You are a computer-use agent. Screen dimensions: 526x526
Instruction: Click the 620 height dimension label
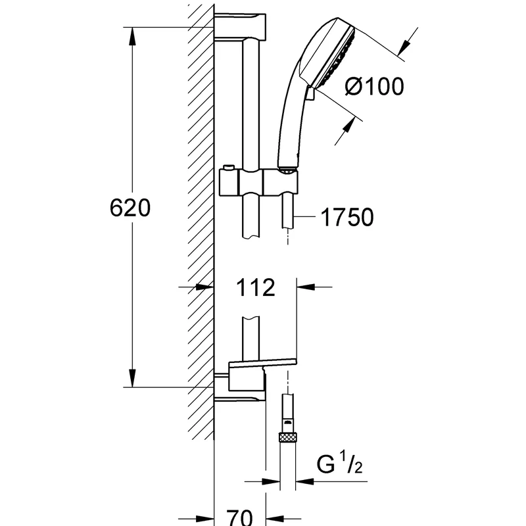coord(130,208)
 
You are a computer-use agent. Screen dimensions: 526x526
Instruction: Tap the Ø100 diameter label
coord(374,86)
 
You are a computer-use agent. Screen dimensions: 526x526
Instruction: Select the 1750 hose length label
coord(347,217)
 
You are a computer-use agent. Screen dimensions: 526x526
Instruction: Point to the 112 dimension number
coord(256,287)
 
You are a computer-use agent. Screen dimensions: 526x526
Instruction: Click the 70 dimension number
coord(239,517)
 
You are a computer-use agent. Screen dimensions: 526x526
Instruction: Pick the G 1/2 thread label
coord(339,464)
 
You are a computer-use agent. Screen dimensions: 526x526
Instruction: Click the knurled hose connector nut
coord(288,437)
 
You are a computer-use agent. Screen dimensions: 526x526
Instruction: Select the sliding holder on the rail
coord(258,182)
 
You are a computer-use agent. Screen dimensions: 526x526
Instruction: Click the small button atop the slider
coord(228,167)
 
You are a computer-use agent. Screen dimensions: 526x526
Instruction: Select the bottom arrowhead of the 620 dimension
coord(133,378)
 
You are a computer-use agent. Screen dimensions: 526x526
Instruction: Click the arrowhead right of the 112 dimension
coord(306,287)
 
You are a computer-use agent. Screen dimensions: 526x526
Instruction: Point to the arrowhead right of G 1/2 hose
coord(304,481)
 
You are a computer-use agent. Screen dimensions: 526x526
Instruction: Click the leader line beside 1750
coord(304,217)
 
